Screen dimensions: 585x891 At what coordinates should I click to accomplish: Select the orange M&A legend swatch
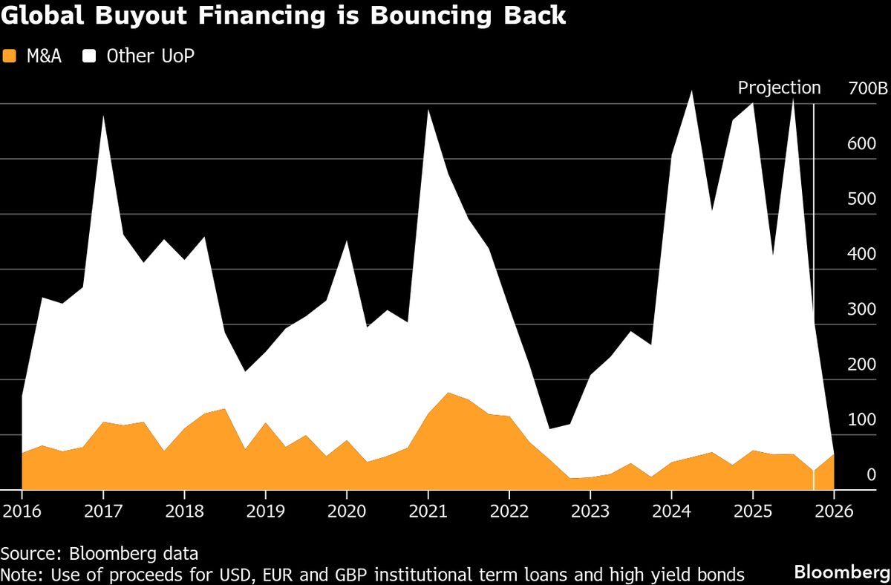point(10,56)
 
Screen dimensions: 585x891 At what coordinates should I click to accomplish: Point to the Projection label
point(779,88)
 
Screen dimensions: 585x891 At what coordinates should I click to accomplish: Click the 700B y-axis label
point(867,89)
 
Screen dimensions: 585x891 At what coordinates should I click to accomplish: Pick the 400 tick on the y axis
point(861,254)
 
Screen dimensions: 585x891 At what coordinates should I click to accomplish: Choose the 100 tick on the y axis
point(861,419)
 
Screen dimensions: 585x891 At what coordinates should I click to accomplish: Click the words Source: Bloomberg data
point(99,553)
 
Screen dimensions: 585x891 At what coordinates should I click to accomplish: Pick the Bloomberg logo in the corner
point(842,572)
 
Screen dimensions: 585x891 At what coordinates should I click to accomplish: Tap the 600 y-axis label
point(861,143)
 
